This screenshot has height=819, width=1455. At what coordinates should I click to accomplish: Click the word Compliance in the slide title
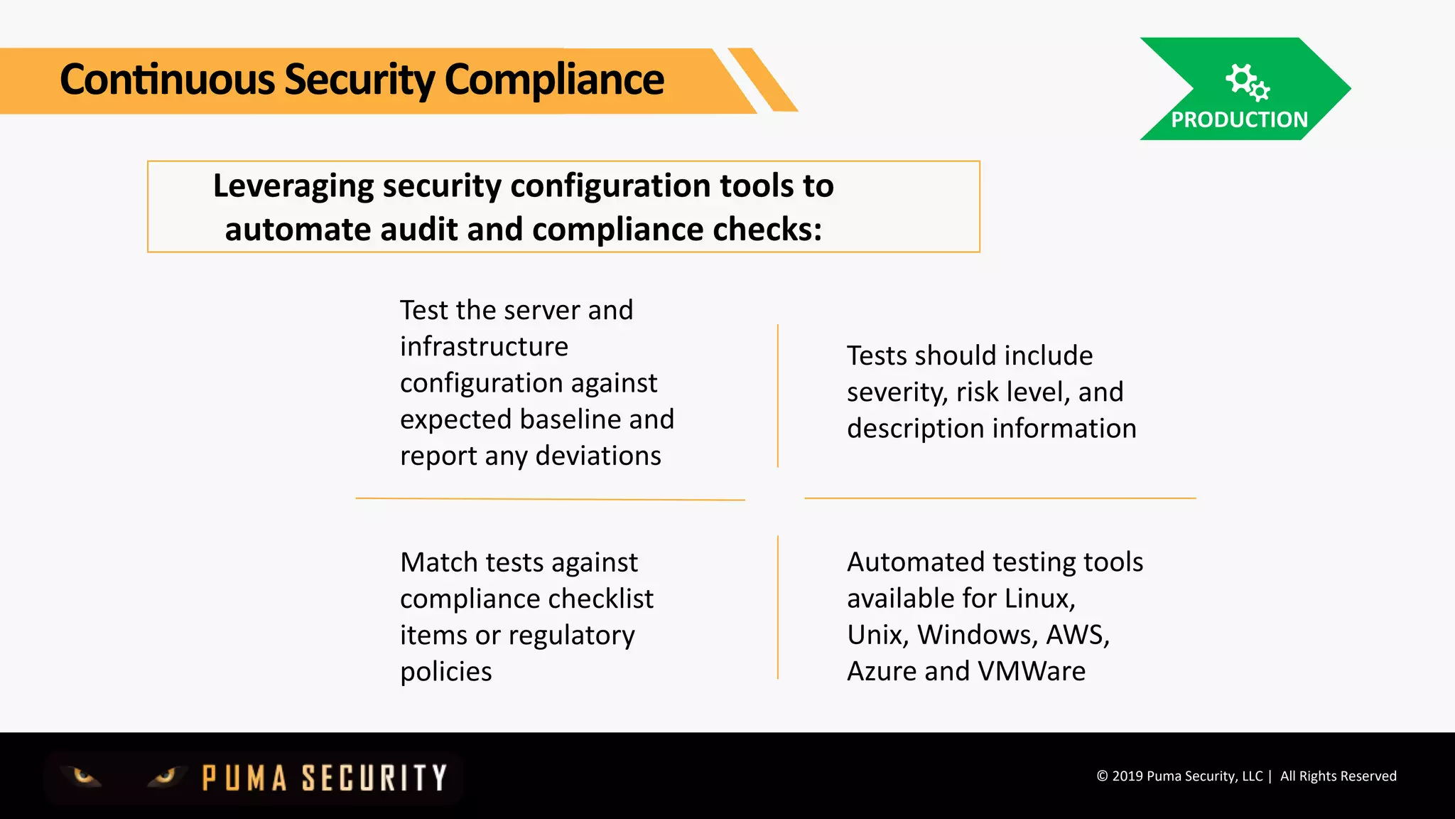tap(554, 80)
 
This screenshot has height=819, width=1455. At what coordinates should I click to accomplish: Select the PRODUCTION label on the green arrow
tap(1239, 119)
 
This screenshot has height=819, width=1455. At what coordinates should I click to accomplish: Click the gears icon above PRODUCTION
tap(1247, 82)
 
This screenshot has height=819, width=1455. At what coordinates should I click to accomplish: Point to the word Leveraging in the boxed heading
tap(293, 187)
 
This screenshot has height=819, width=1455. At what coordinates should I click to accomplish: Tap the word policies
tap(445, 672)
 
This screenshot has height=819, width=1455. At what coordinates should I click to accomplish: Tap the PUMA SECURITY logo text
tap(325, 778)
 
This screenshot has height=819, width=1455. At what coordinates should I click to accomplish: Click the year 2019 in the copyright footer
tap(1127, 776)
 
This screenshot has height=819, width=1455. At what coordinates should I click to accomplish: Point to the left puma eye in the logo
tap(84, 776)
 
